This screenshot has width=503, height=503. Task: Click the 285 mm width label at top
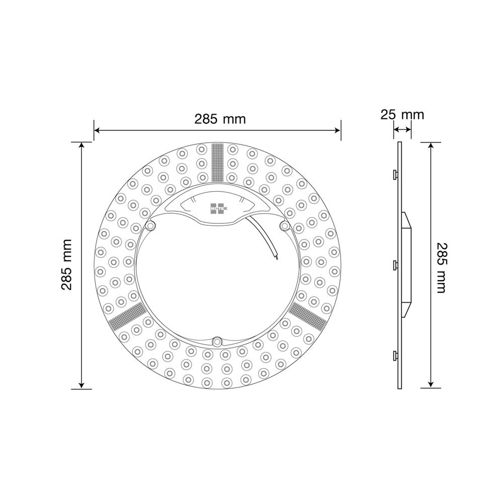coord(220,119)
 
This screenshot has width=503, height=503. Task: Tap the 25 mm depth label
coord(402,115)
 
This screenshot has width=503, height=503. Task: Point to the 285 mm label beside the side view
coord(441,268)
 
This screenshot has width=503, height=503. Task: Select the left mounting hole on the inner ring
coord(150,226)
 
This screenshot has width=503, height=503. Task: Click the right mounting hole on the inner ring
coord(285,226)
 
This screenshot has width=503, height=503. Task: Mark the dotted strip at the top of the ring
coord(217,162)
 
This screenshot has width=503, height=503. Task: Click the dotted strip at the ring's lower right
coord(307,316)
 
